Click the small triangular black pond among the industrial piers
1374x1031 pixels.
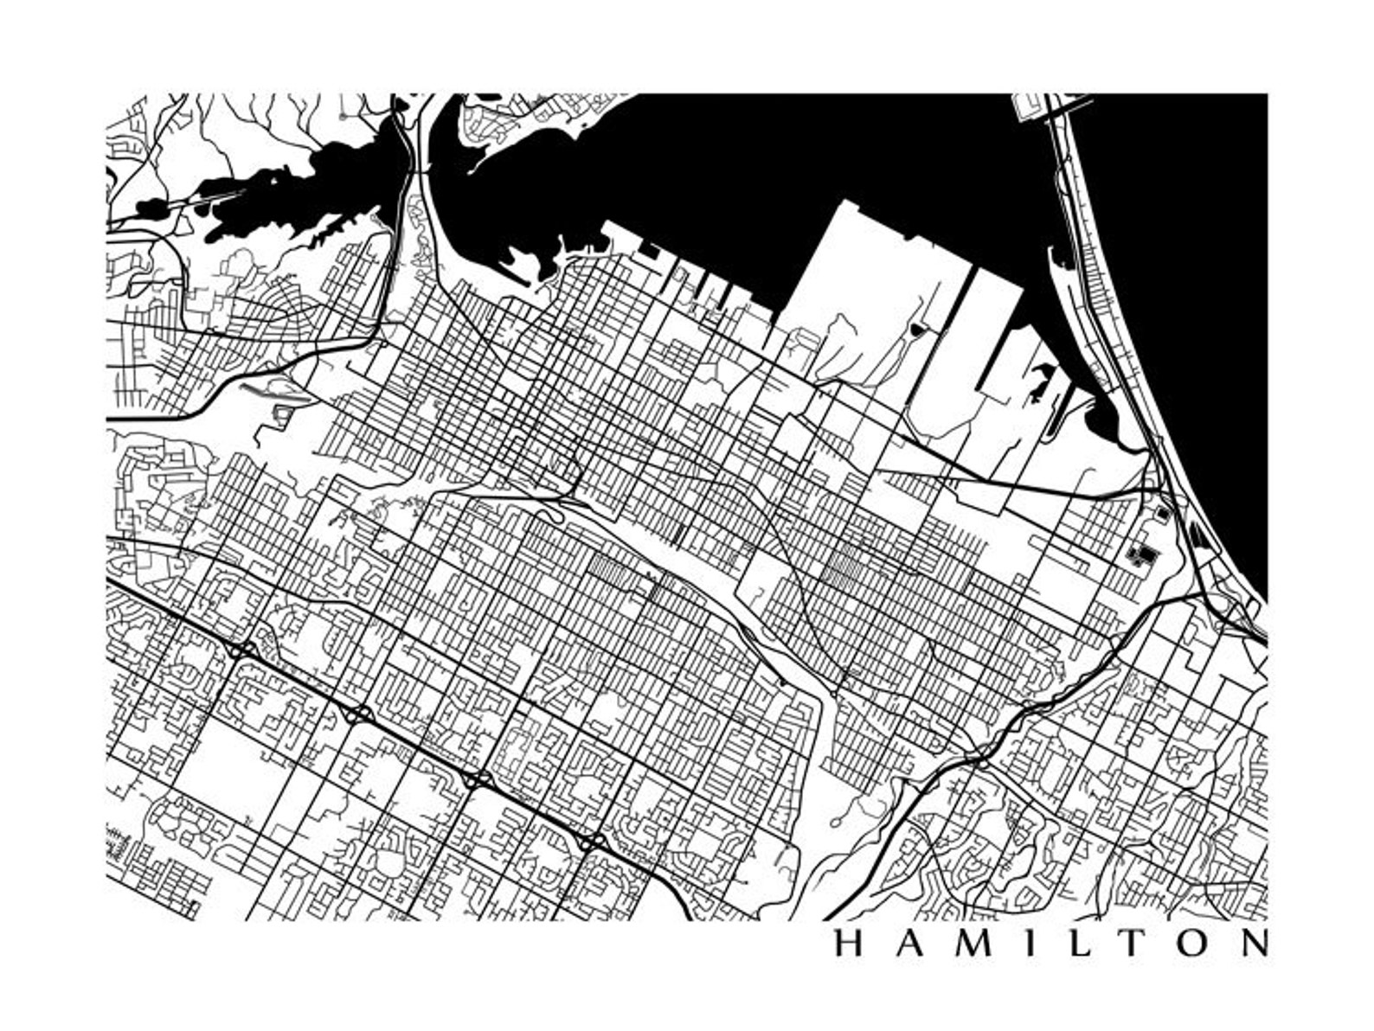917,329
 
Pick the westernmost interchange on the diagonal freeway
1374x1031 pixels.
243,649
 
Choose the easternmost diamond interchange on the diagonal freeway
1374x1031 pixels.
592,841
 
